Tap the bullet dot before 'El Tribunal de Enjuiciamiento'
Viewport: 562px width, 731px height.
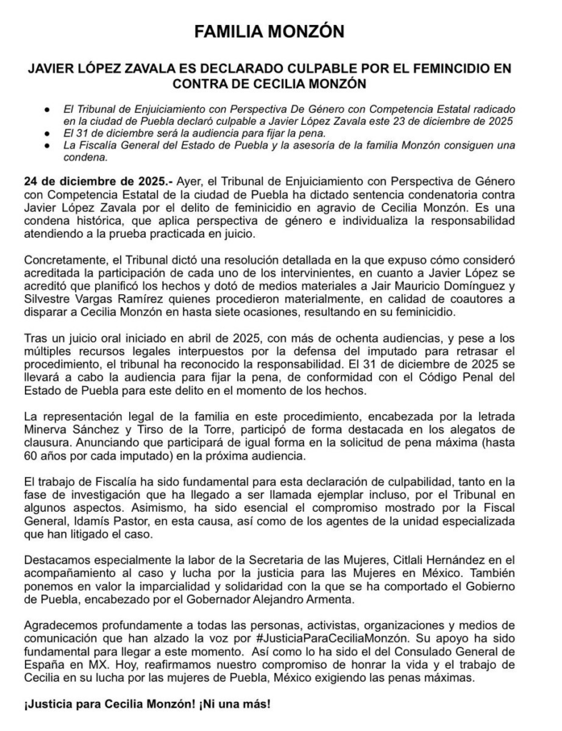coord(46,111)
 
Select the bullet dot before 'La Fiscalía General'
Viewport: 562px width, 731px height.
coord(46,146)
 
